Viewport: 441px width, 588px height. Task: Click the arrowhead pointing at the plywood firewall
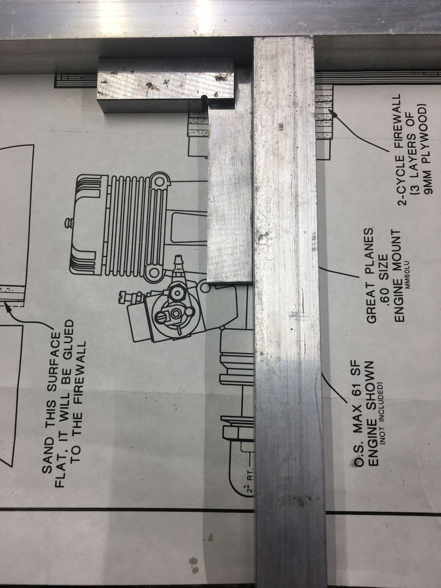pos(332,112)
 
